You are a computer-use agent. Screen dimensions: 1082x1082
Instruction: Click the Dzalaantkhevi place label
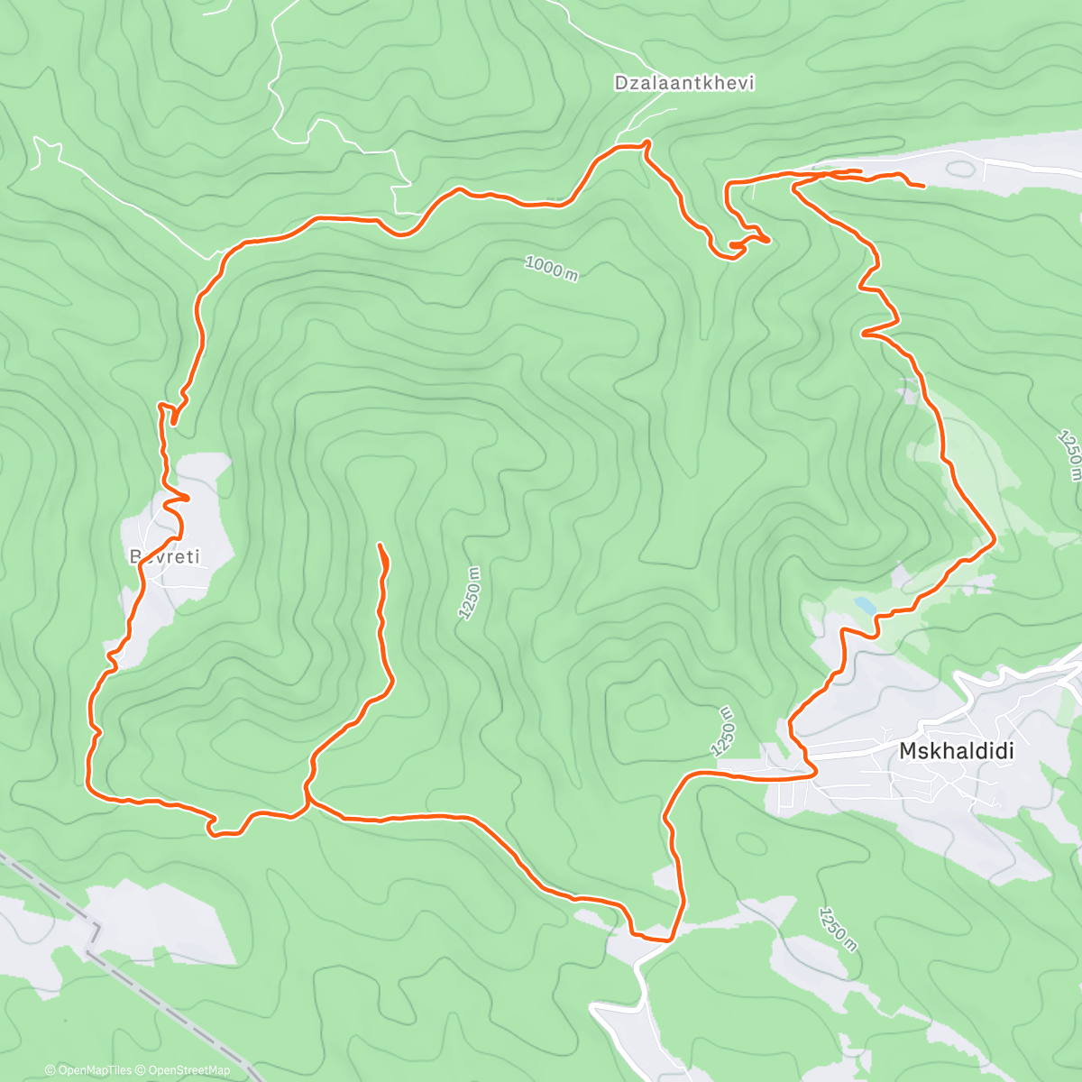[683, 83]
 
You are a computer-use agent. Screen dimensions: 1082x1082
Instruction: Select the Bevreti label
[165, 556]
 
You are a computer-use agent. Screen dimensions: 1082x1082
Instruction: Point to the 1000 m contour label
[551, 268]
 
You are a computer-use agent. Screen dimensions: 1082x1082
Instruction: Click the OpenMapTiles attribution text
[87, 1070]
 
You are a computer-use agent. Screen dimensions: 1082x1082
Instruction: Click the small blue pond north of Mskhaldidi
[865, 604]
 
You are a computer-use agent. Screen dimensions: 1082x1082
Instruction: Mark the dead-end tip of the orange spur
[380, 545]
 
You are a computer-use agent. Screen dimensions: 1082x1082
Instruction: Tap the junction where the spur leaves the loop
[307, 797]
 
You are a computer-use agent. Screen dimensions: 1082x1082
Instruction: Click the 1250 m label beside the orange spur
[470, 593]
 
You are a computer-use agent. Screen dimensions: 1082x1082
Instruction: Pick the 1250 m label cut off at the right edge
[1070, 455]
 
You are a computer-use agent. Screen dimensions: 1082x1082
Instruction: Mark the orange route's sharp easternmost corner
[994, 541]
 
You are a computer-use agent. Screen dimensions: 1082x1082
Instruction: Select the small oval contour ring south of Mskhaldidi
[751, 844]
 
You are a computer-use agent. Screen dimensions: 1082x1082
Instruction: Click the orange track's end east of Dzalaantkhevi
[923, 187]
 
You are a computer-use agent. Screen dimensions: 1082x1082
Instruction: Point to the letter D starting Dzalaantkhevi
[620, 83]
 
